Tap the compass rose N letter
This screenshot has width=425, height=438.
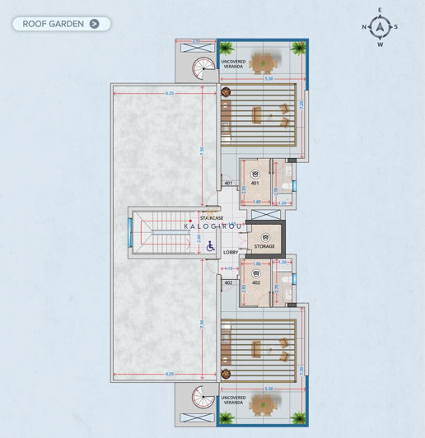pyautogui.click(x=364, y=27)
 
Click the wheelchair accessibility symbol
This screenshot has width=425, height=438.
pyautogui.click(x=210, y=245)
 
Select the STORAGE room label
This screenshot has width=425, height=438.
pyautogui.click(x=264, y=246)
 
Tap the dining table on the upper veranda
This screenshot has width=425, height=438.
pyautogui.click(x=263, y=61)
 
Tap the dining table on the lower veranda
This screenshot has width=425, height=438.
pyautogui.click(x=263, y=404)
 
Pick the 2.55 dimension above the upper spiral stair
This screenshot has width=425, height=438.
pyautogui.click(x=196, y=40)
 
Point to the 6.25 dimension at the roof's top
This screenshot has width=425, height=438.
pyautogui.click(x=170, y=94)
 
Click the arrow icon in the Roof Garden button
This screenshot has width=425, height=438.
pyautogui.click(x=95, y=24)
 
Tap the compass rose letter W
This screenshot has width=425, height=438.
pyautogui.click(x=380, y=44)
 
